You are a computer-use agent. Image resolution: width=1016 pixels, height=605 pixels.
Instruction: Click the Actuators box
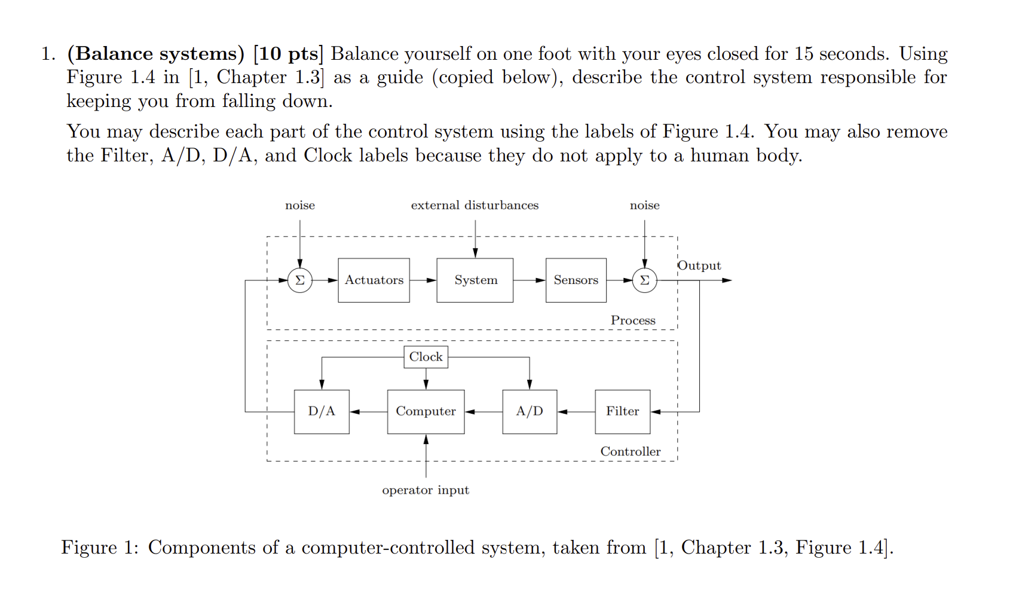tap(374, 280)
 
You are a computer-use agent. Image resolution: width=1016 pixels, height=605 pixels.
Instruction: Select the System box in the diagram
tap(475, 280)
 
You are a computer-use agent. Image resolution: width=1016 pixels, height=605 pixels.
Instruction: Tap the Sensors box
tap(576, 280)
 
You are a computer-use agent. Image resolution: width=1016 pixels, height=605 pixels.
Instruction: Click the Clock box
tap(426, 357)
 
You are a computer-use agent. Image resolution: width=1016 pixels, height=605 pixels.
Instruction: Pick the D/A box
tap(322, 411)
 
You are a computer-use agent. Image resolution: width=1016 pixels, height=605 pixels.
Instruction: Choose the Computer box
tap(426, 411)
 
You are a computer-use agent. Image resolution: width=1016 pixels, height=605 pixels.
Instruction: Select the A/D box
tap(530, 411)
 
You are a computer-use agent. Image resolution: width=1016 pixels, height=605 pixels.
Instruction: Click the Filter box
tap(622, 411)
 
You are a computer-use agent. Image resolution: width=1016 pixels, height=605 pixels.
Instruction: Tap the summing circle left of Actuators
tap(300, 280)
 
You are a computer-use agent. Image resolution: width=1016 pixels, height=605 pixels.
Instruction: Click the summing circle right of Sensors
tap(644, 280)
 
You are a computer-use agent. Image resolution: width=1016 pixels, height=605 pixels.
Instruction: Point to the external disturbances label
tap(475, 205)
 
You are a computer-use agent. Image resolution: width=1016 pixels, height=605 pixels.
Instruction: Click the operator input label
tap(426, 490)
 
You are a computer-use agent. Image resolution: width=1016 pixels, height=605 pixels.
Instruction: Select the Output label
tap(699, 265)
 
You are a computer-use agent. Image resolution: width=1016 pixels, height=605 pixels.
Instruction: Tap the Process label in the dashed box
tap(633, 320)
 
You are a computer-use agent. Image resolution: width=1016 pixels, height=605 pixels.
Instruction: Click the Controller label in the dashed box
tap(631, 451)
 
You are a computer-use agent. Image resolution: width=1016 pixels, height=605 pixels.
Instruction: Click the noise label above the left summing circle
tap(300, 205)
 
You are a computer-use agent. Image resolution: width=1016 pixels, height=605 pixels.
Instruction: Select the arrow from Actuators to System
tap(423, 280)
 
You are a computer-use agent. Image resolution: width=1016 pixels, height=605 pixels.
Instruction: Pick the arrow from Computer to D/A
tap(368, 411)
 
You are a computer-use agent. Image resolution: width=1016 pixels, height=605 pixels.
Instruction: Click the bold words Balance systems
tap(156, 54)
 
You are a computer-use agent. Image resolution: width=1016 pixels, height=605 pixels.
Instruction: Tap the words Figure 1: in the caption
tap(100, 547)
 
